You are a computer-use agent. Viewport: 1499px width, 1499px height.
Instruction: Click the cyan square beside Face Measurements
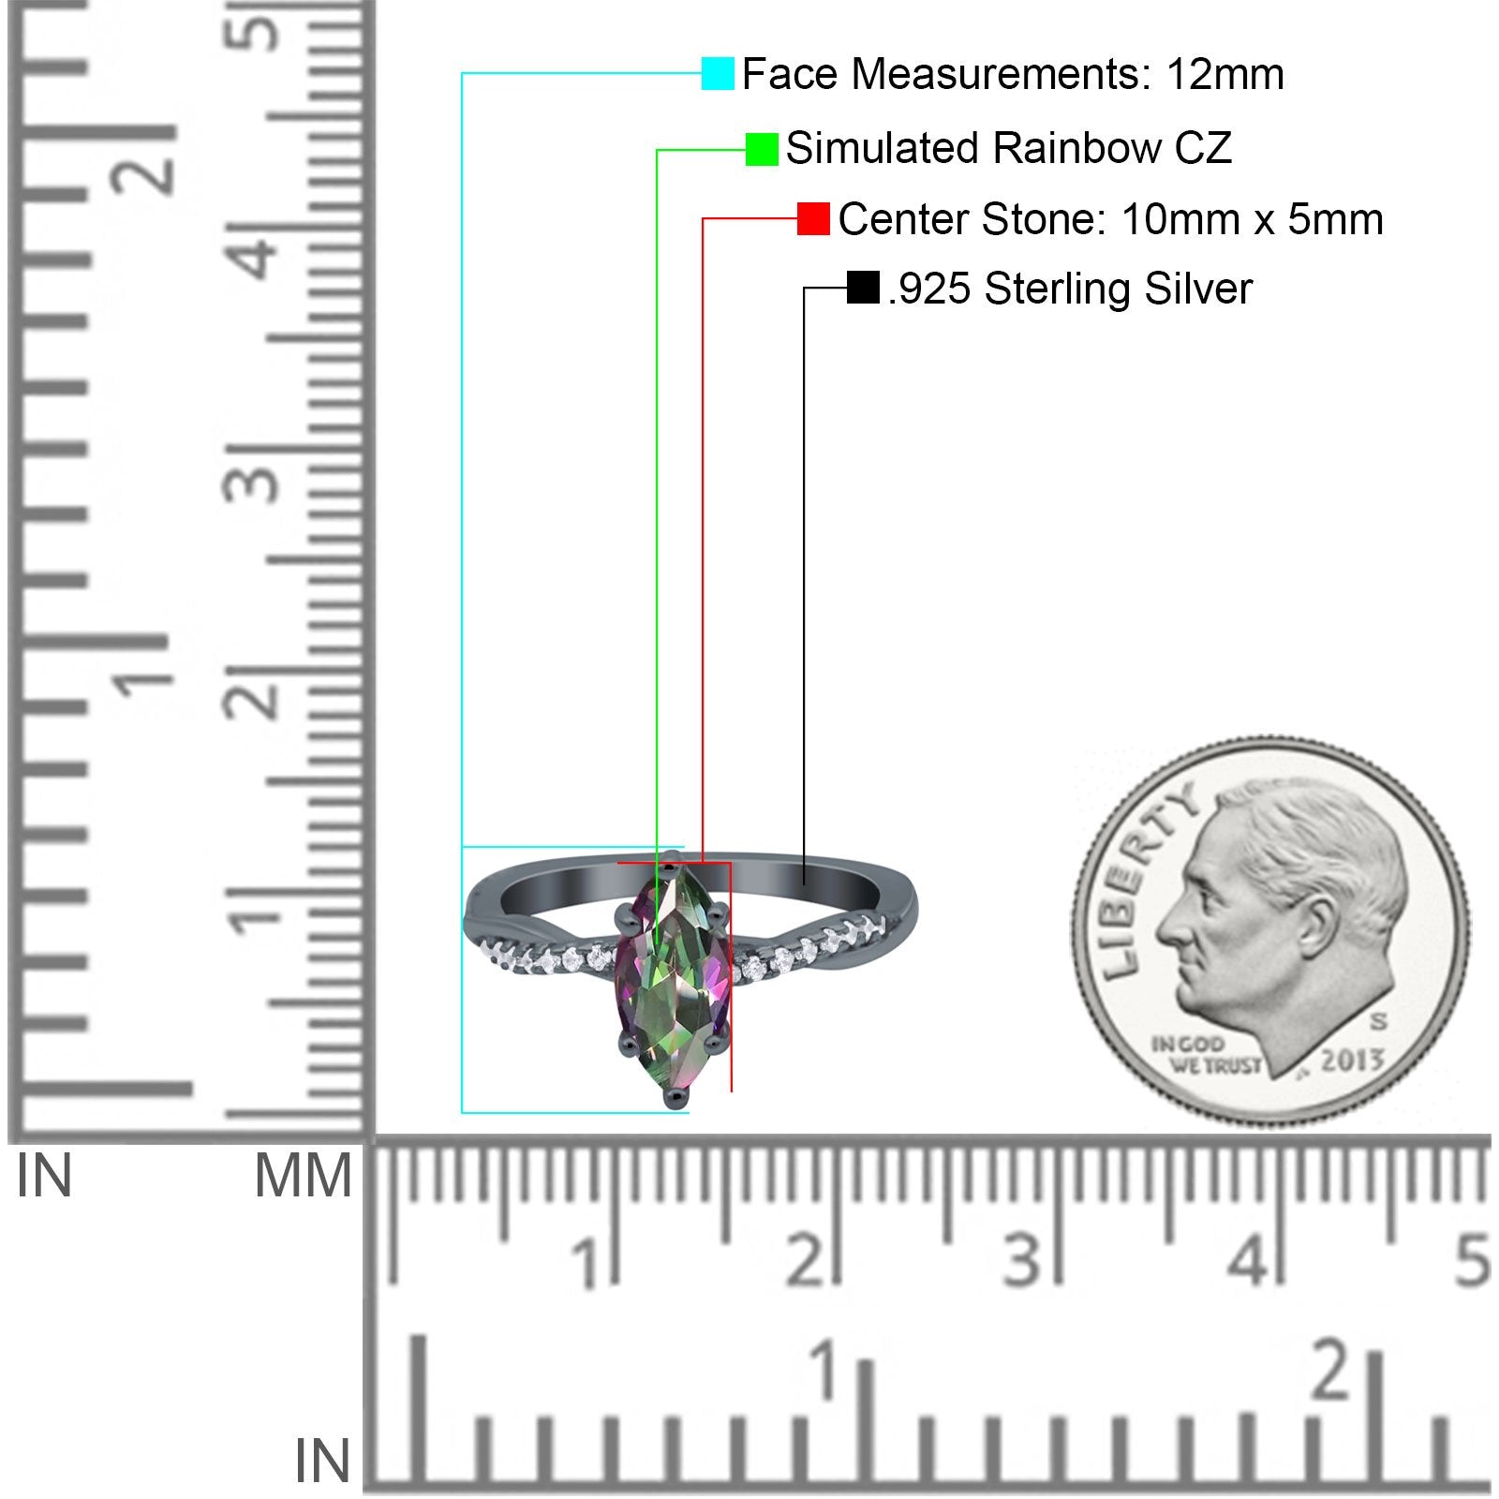pyautogui.click(x=718, y=73)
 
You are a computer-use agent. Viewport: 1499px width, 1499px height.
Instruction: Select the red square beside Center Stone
pyautogui.click(x=813, y=219)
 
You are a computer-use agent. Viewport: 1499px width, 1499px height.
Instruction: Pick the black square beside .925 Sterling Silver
pyautogui.click(x=862, y=288)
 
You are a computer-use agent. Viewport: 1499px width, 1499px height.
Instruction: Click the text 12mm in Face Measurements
pyautogui.click(x=1224, y=74)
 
